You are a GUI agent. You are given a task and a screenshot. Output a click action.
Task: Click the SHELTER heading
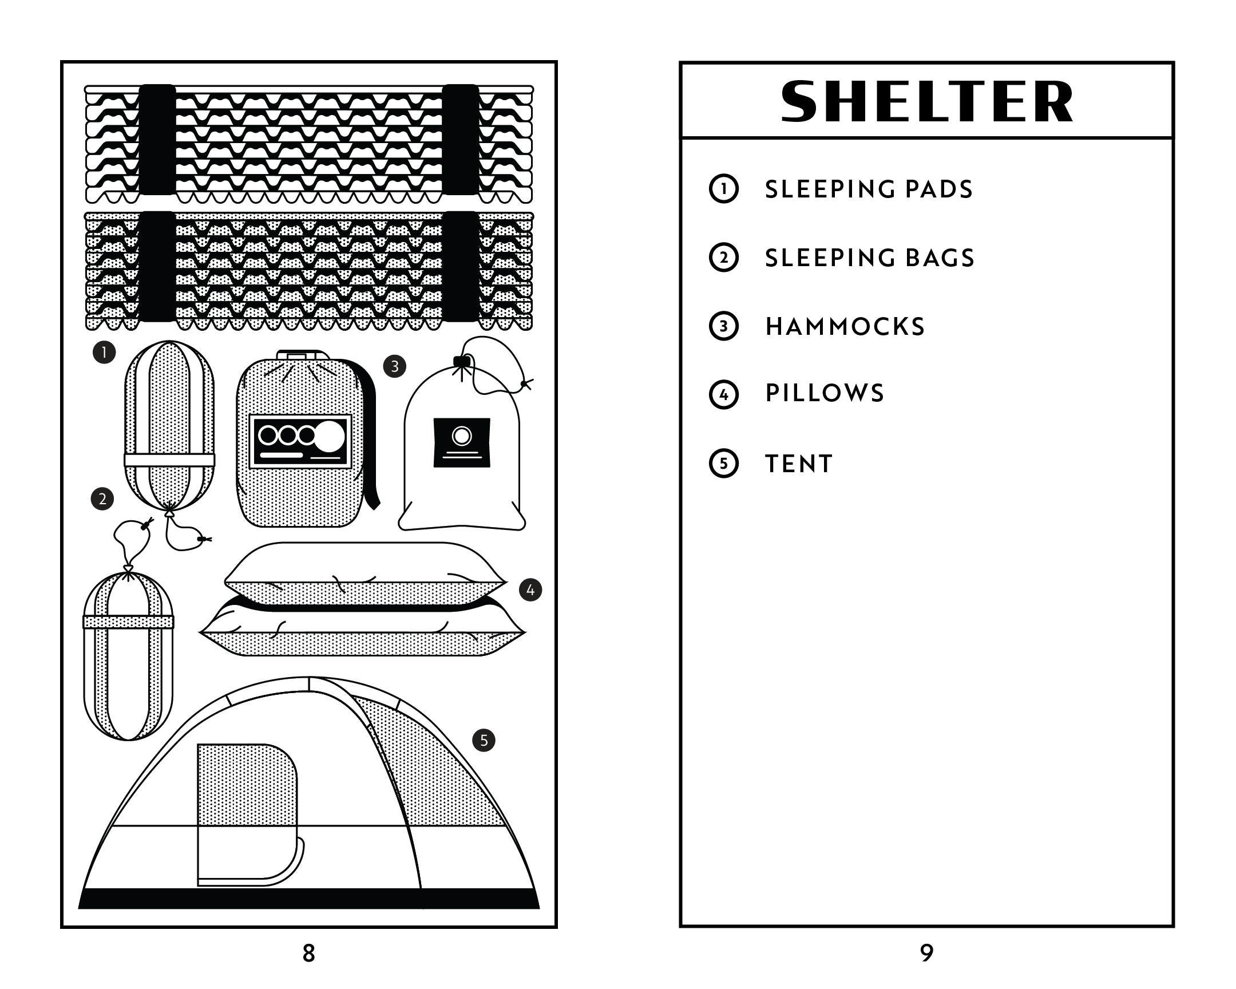[926, 101]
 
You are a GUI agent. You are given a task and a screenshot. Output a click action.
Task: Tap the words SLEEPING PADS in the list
[869, 189]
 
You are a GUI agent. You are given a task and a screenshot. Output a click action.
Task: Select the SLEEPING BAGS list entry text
[870, 258]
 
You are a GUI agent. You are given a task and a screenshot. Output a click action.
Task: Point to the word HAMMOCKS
[845, 327]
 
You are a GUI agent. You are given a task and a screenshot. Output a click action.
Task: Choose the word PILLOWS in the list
[825, 393]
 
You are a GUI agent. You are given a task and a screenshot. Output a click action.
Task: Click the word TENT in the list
[799, 464]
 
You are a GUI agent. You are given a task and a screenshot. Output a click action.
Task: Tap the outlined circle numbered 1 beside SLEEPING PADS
[723, 189]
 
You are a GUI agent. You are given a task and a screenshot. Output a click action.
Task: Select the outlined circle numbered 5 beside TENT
[723, 463]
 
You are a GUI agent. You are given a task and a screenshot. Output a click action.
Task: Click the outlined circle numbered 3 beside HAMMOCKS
[723, 326]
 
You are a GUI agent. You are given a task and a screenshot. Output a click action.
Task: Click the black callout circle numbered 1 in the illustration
[104, 352]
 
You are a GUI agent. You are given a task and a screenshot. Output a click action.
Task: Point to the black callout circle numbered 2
[102, 499]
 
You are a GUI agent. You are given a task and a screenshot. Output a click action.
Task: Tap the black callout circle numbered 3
[394, 366]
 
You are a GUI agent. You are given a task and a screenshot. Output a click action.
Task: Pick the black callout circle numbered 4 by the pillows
[530, 590]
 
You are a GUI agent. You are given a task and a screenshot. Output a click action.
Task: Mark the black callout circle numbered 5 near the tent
[484, 740]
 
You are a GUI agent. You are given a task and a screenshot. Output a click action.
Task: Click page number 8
[308, 953]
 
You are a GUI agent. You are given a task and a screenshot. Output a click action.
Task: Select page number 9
[926, 953]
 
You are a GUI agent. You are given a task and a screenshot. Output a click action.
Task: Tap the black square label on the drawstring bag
[461, 442]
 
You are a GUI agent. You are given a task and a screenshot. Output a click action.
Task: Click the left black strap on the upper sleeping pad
[157, 139]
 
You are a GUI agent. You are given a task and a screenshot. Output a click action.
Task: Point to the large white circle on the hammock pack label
[330, 436]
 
